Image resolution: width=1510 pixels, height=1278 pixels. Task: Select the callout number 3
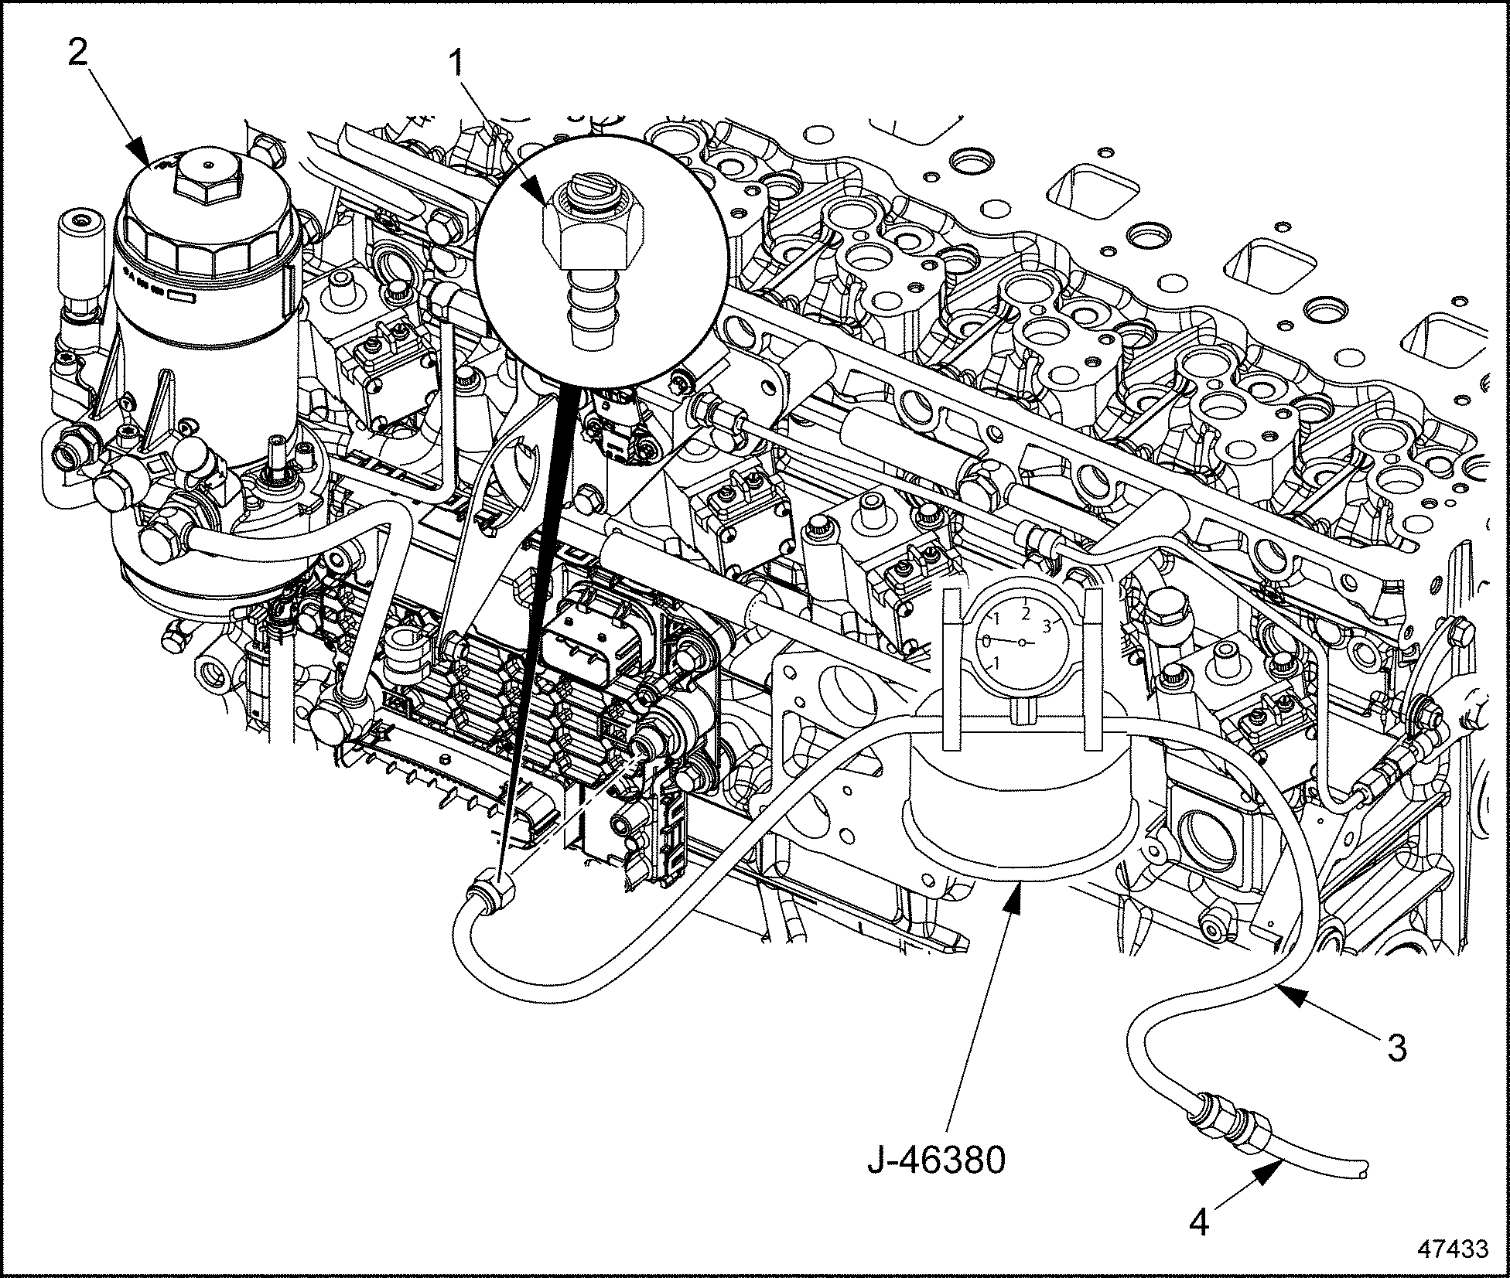(x=1396, y=1048)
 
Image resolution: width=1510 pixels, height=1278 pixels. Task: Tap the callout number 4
(x=1199, y=1224)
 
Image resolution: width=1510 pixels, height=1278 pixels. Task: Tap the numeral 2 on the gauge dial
(x=1026, y=613)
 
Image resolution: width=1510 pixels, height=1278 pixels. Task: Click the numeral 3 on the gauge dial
(x=1048, y=624)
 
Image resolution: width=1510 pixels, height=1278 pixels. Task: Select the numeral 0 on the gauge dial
(x=987, y=641)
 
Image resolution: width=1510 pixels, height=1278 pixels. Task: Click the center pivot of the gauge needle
(x=1022, y=642)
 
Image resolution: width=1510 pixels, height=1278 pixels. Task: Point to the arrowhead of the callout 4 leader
(x=1266, y=1195)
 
